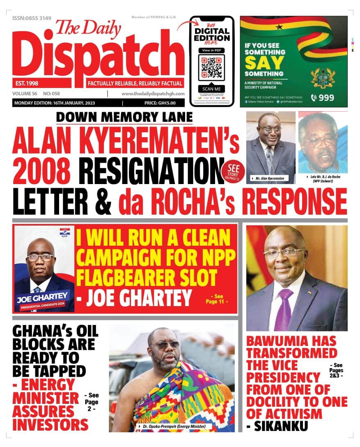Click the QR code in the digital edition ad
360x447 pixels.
[x=211, y=67]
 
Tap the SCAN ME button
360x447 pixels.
[x=211, y=89]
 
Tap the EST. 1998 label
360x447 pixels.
[x=25, y=83]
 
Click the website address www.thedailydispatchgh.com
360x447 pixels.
[x=153, y=94]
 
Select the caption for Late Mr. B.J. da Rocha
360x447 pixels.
[x=323, y=179]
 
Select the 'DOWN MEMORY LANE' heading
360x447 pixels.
[x=124, y=117]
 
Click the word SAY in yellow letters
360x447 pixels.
[x=264, y=63]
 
